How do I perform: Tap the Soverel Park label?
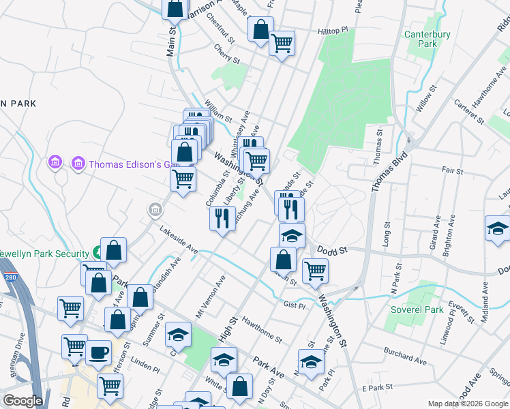pos(417,309)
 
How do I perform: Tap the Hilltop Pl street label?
pos(333,31)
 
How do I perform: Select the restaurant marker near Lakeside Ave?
pos(222,218)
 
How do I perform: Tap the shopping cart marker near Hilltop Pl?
pos(282,44)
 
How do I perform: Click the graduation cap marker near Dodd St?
pos(292,235)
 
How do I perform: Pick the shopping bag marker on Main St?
pos(175,9)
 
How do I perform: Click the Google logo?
pos(22,401)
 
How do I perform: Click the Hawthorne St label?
pos(262,332)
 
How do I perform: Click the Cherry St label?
pos(227,55)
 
